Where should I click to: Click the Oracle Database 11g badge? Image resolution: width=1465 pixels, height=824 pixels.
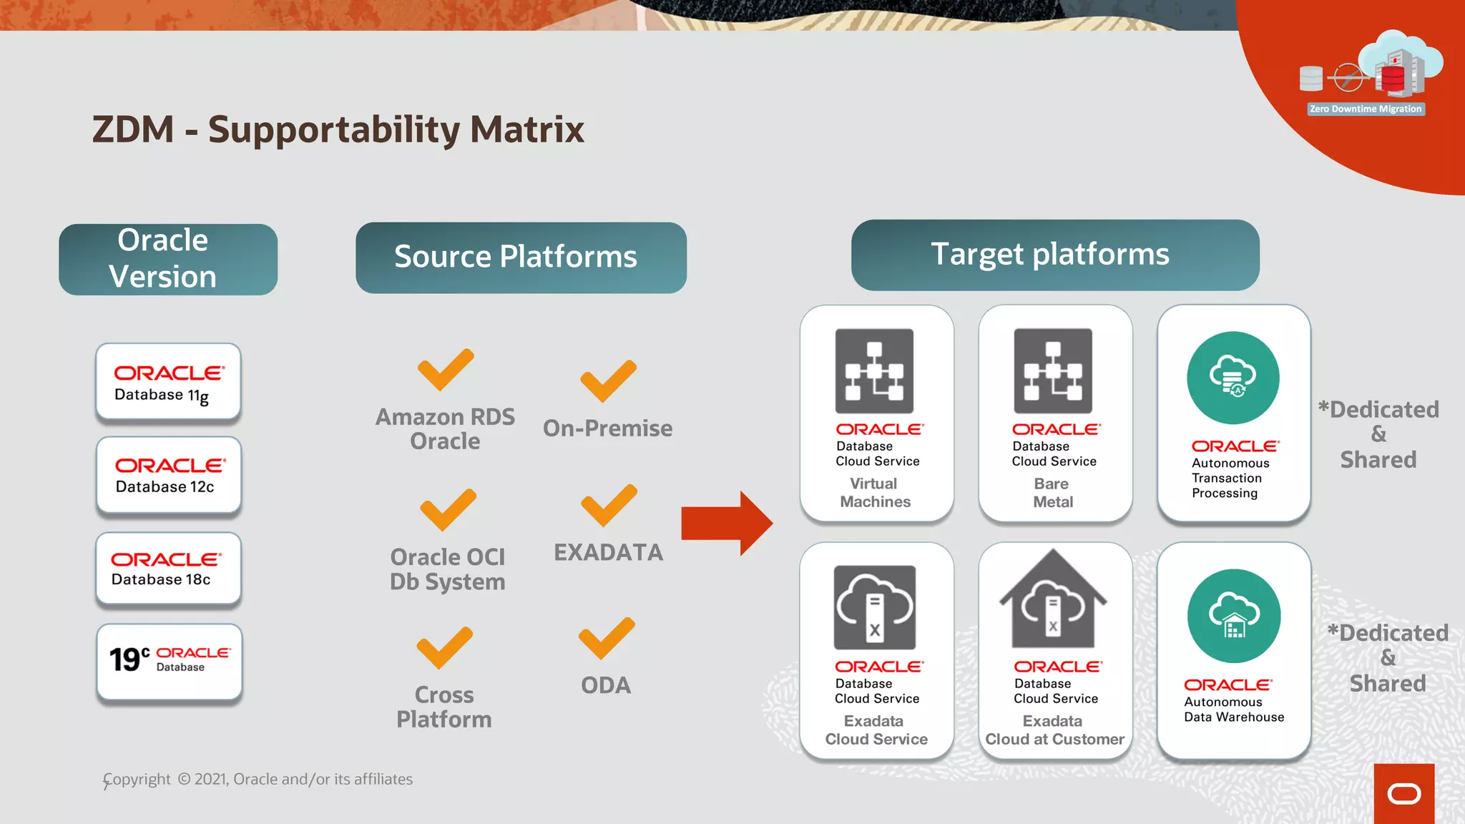click(168, 382)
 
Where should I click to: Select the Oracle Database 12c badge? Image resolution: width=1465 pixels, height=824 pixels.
click(169, 476)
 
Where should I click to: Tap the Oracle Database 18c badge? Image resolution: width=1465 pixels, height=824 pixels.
click(169, 569)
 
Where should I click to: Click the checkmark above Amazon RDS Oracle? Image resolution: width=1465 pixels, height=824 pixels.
click(445, 370)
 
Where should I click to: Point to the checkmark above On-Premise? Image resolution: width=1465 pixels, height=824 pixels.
click(607, 381)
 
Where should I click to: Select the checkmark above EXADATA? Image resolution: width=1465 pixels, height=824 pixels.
click(608, 505)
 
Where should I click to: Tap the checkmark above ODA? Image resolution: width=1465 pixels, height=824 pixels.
click(606, 638)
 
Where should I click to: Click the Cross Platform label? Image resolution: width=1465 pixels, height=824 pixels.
click(444, 707)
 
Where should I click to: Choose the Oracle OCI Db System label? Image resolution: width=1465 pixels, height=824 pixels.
click(448, 569)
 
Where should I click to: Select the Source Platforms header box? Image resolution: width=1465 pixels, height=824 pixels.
click(521, 257)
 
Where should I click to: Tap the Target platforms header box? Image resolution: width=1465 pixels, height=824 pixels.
click(1054, 255)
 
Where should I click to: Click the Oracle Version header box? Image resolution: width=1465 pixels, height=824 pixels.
click(168, 259)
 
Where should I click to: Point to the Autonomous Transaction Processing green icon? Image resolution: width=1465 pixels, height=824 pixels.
click(1233, 378)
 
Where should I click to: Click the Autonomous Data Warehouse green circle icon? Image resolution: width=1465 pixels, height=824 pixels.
click(1233, 616)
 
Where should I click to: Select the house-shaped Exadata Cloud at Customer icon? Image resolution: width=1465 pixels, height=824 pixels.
click(1053, 601)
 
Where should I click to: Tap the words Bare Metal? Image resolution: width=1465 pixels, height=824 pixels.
click(1052, 493)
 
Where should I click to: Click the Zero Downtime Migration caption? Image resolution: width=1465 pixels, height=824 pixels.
click(1365, 109)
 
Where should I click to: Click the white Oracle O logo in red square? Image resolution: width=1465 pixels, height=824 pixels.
click(1403, 794)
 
